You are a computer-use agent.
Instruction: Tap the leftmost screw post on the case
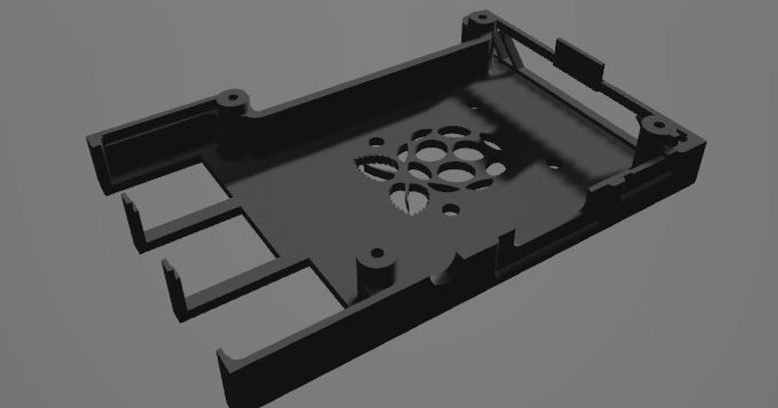233,100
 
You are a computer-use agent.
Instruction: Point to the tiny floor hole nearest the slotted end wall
554,167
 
